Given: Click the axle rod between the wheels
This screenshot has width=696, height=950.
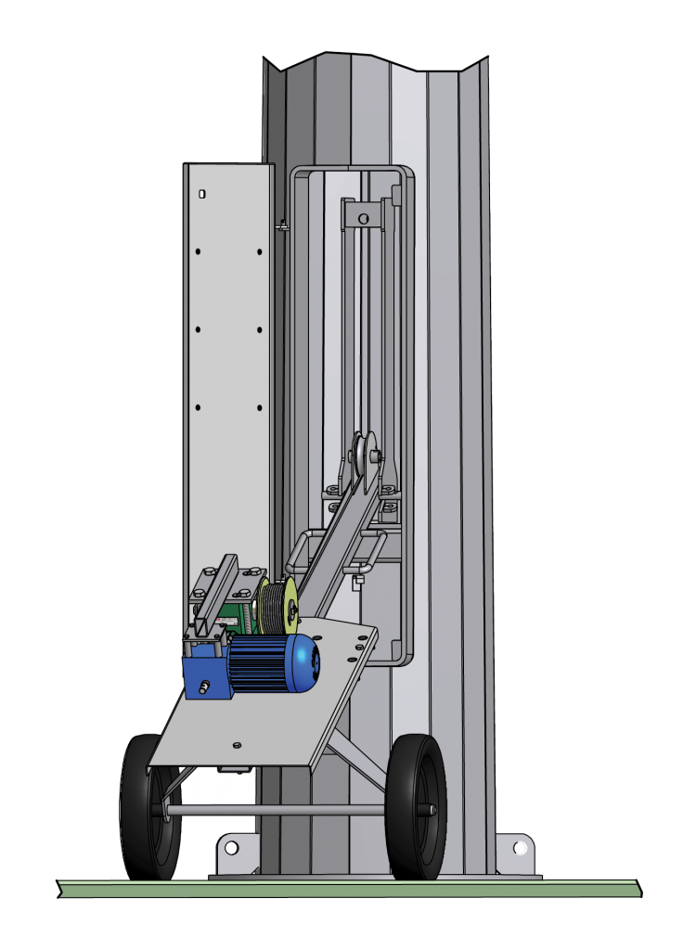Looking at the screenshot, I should [x=278, y=811].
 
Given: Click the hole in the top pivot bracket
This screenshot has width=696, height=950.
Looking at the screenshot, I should [x=364, y=219].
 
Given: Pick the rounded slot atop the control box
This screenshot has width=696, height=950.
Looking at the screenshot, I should [x=201, y=194].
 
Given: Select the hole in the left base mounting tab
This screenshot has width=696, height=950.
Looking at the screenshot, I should [x=231, y=847].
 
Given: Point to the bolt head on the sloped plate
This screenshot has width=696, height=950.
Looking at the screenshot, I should [x=237, y=744].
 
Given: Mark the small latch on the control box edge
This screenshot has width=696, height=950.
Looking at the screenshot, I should [x=282, y=224].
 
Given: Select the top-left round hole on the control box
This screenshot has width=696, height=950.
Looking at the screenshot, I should [x=198, y=251].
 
